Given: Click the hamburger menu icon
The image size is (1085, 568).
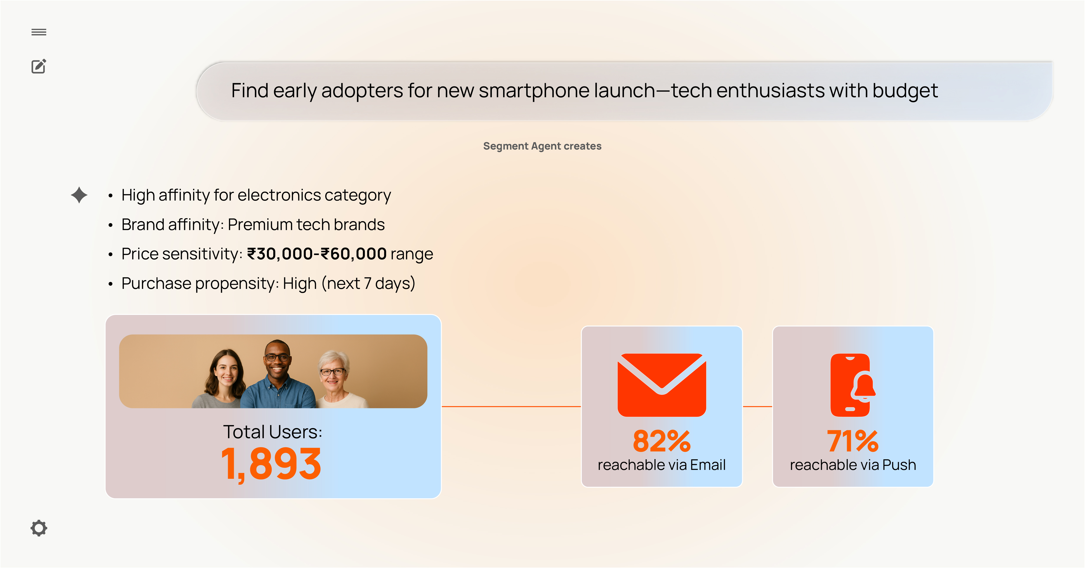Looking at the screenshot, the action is point(39,32).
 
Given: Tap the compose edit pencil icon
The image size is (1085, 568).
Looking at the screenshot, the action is point(39,66).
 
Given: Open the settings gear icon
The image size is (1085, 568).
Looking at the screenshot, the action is point(39,528).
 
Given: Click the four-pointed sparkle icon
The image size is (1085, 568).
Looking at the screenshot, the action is point(79,195).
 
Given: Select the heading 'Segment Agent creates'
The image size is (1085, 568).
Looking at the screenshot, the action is point(542,146).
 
